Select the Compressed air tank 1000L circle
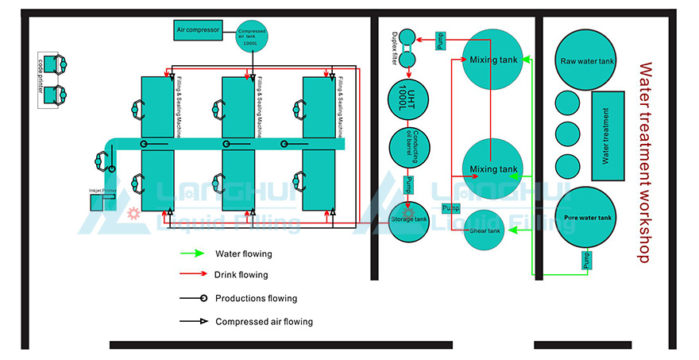[252, 37]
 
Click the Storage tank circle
[408, 220]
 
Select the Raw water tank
[587, 61]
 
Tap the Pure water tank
[587, 218]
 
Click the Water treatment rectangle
[609, 136]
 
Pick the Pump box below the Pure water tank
[587, 260]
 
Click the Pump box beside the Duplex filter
[441, 41]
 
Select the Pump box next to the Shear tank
[450, 208]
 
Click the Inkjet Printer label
[102, 191]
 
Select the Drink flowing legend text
[241, 275]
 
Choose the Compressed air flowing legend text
[264, 322]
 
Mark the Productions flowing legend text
[256, 299]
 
